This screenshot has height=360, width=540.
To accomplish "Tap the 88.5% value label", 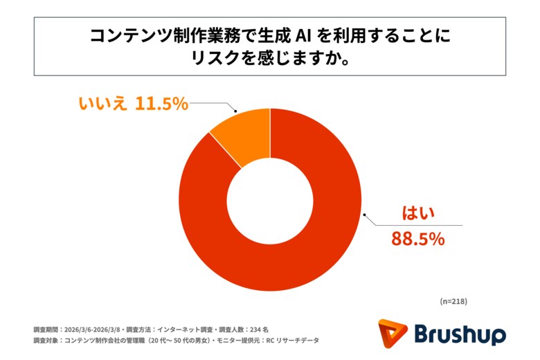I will (x=417, y=239).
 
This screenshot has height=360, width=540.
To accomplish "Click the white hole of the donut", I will (x=270, y=199).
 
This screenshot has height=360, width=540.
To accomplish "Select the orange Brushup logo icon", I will (x=393, y=334).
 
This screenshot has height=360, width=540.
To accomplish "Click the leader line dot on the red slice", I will (x=358, y=217).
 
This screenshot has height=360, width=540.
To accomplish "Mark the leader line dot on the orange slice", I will (x=237, y=111).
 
